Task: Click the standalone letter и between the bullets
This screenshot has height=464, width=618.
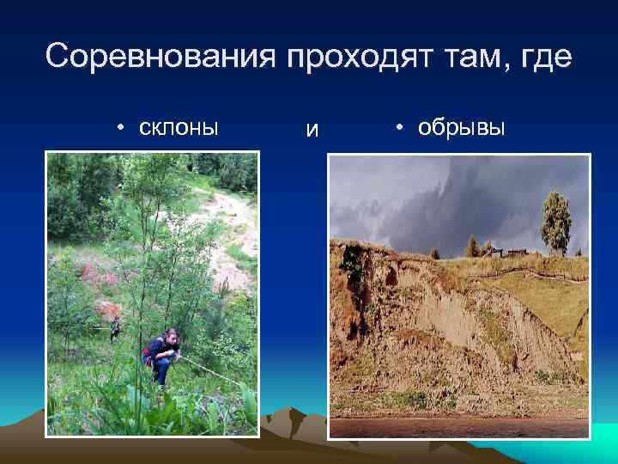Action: click(312, 131)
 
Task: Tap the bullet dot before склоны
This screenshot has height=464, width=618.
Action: click(122, 128)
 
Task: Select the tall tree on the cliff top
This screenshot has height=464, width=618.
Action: click(555, 222)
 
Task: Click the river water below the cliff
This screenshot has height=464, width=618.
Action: click(459, 426)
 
